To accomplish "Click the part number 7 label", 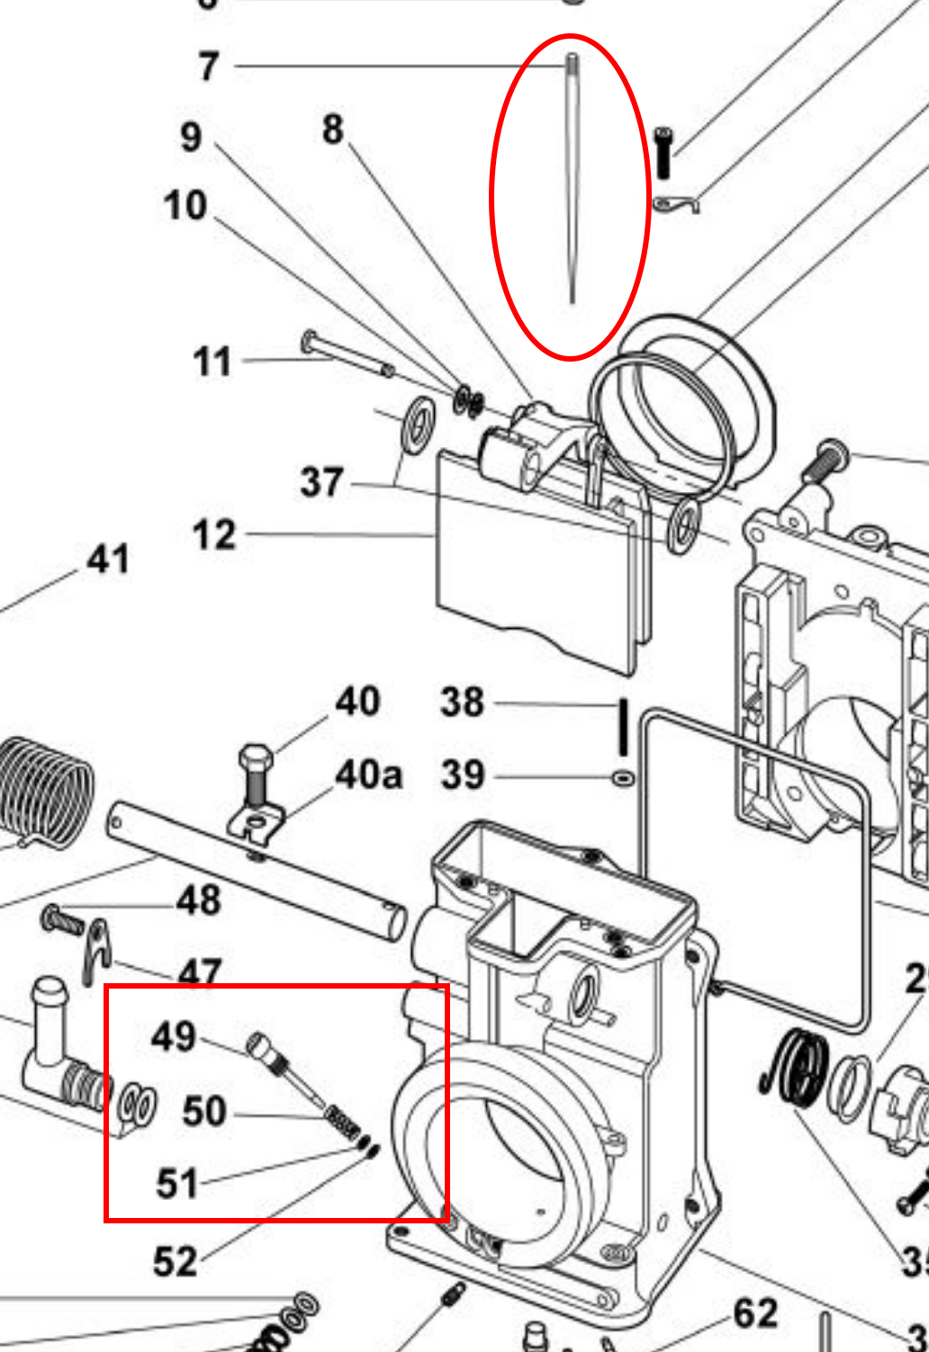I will coord(209,67).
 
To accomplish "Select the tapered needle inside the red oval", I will coord(572,180).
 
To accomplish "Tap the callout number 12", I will coord(214,535).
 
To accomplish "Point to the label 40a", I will coord(368,774).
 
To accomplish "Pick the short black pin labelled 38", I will coord(621,727).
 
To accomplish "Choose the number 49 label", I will coord(174,1036).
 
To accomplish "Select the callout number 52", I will coord(175,1261).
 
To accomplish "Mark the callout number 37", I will coord(321,482).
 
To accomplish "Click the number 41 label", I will coord(108,560).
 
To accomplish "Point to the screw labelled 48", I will coord(62,919).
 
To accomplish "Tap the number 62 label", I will coord(755,1314).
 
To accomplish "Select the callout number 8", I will coord(333,130).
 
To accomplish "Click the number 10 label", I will coord(185,206).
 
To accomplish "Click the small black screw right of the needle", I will coord(663,151).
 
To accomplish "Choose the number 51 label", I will coord(176,1183).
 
